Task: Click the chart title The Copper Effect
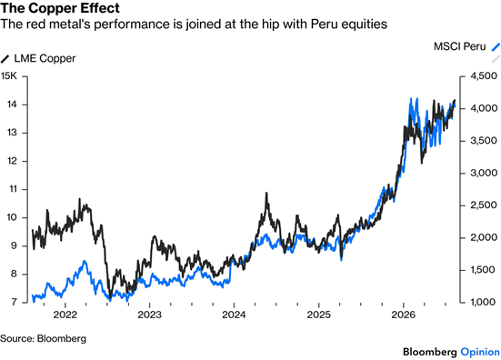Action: pyautogui.click(x=60, y=8)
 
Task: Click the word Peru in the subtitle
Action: pyautogui.click(x=323, y=24)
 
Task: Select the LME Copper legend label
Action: pyautogui.click(x=45, y=58)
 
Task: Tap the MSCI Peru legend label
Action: pyautogui.click(x=459, y=46)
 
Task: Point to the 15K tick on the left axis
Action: pyautogui.click(x=8, y=76)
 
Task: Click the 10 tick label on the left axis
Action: pyautogui.click(x=12, y=217)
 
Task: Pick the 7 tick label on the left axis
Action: pyautogui.click(x=15, y=302)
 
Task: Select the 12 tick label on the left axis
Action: pyautogui.click(x=12, y=161)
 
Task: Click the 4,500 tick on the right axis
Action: pyautogui.click(x=484, y=76)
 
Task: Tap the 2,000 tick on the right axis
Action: pyautogui.click(x=484, y=237)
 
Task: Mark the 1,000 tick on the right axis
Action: pyautogui.click(x=484, y=302)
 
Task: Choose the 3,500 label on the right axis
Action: pyautogui.click(x=484, y=141)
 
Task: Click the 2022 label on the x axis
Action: pyautogui.click(x=65, y=315)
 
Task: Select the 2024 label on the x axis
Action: pyautogui.click(x=235, y=315)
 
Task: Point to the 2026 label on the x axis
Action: pyautogui.click(x=403, y=315)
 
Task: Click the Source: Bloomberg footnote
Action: pyautogui.click(x=43, y=338)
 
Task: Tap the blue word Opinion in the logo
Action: pyautogui.click(x=480, y=352)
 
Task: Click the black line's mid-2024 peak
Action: pyautogui.click(x=266, y=193)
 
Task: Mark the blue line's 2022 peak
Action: pyautogui.click(x=85, y=261)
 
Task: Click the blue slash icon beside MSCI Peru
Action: pyautogui.click(x=496, y=46)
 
